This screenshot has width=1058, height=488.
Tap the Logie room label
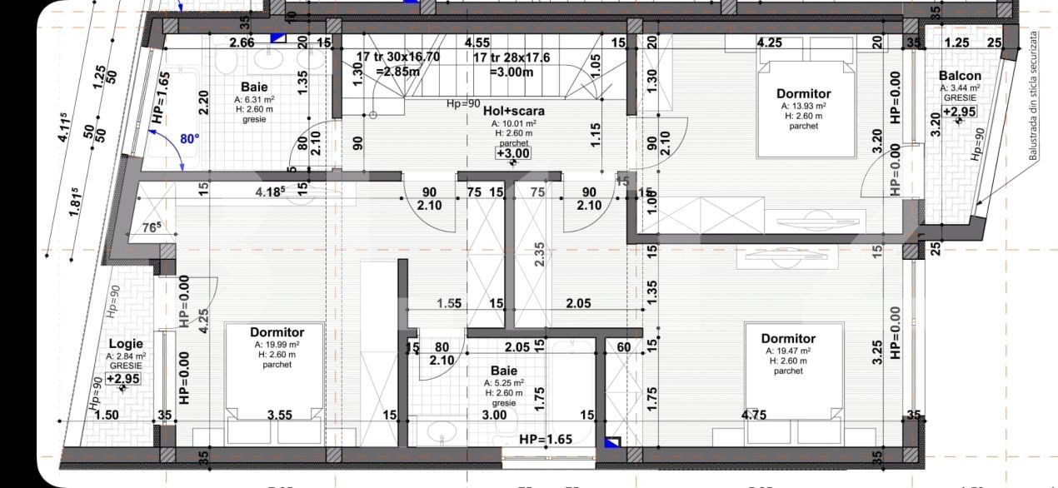click(x=125, y=343)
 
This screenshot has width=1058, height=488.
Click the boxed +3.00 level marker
click(x=512, y=153)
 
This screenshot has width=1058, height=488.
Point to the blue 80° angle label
click(x=190, y=139)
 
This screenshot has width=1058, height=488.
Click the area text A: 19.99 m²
click(x=277, y=344)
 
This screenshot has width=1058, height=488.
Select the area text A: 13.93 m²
click(x=803, y=106)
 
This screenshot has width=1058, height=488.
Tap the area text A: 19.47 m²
click(x=788, y=351)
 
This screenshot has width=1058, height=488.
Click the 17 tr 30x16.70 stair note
click(x=397, y=57)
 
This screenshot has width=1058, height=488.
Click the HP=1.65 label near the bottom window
click(x=546, y=439)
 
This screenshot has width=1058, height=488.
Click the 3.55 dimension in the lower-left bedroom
click(x=281, y=414)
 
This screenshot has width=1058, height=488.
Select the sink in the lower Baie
click(x=441, y=431)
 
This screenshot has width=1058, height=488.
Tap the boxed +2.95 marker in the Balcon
click(x=960, y=112)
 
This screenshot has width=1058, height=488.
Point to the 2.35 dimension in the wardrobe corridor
click(x=539, y=254)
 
